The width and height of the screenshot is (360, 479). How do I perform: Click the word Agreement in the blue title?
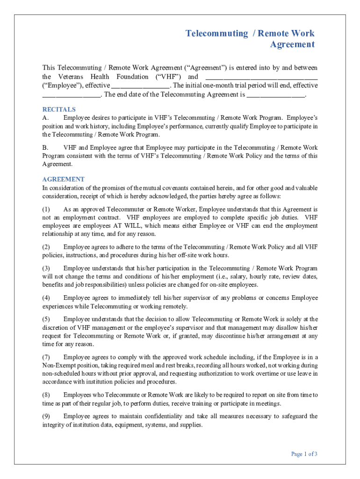tap(292, 44)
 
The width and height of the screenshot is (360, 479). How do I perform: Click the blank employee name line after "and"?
tap(261, 77)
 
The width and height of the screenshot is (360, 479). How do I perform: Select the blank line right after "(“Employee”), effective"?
tap(140, 86)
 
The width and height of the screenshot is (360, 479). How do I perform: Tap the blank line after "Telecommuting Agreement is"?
tap(276, 95)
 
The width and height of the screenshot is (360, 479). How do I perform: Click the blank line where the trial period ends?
tap(71, 95)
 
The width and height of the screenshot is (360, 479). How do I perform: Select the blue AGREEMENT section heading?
tap(64, 179)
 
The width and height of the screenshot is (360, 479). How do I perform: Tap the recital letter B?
tap(45, 147)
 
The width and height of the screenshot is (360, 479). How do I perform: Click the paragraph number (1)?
tap(46, 209)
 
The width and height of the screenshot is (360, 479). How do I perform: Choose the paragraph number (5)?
tap(46, 319)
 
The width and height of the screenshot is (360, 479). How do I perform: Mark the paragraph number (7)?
tap(46, 357)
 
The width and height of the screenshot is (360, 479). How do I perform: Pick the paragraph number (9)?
tap(46, 416)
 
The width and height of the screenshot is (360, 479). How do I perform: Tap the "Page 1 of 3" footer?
tap(304, 454)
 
